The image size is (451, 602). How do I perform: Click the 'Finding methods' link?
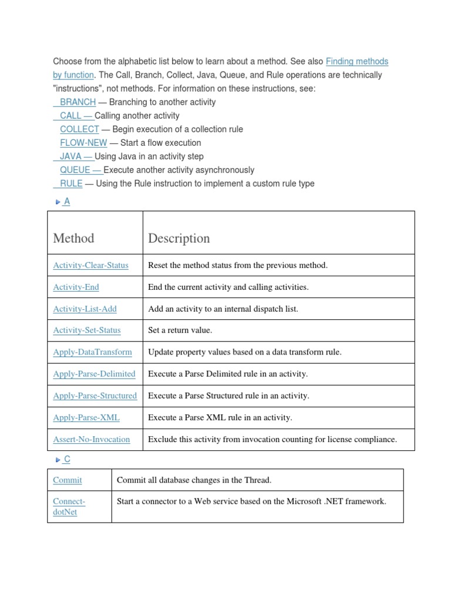(x=356, y=61)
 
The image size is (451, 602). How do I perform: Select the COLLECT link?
(x=79, y=129)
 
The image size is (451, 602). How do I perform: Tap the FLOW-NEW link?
(x=83, y=143)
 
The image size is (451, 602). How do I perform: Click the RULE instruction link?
(x=71, y=183)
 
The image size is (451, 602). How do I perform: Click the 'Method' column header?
(x=73, y=238)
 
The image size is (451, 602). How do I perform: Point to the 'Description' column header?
(x=179, y=238)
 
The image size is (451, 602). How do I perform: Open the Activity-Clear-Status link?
(x=90, y=265)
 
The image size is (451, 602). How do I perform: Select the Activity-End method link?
(x=76, y=287)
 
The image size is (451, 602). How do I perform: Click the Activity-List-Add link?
(x=85, y=309)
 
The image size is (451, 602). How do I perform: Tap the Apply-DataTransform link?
(x=92, y=352)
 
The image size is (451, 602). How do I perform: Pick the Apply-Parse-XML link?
(x=86, y=417)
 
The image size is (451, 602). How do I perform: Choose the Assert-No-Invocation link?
(x=91, y=439)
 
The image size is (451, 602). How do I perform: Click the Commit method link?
(x=68, y=480)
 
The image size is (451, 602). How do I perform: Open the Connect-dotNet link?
(x=69, y=506)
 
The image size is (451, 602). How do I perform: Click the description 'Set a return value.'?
(x=180, y=330)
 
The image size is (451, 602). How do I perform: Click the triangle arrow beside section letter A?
(x=58, y=202)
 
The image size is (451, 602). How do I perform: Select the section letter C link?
(x=67, y=459)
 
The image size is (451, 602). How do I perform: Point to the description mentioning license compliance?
(x=272, y=439)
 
